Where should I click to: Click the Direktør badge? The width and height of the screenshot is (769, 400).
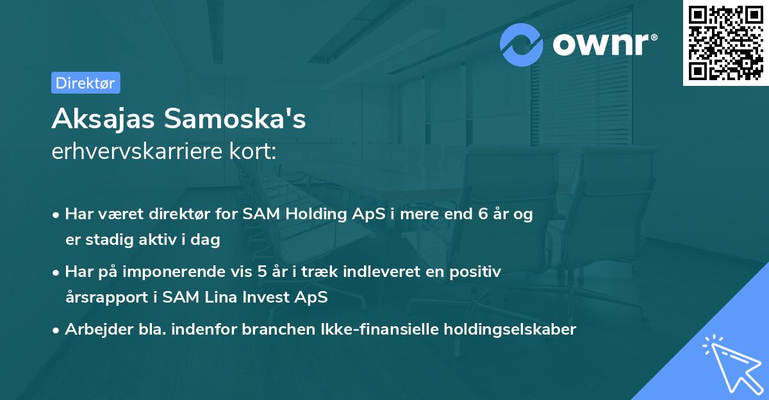85,83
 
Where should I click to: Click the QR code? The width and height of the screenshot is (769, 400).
725,43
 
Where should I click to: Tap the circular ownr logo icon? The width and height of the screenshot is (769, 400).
522,44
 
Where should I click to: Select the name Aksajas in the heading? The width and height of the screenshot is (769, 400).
103,119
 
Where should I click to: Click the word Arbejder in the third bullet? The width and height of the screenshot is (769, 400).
93,329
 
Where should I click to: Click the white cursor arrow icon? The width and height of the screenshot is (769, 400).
732,363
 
